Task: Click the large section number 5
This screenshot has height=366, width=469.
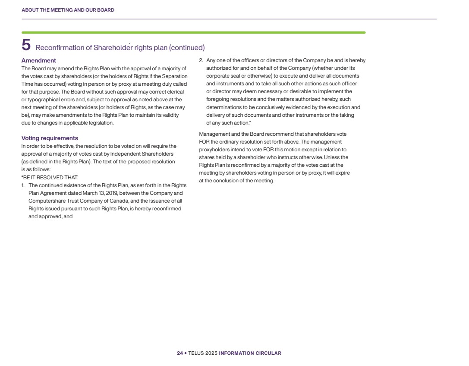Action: [x=26, y=45]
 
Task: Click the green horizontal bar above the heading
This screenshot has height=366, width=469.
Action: [x=193, y=32]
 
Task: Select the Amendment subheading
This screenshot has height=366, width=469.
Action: [x=39, y=60]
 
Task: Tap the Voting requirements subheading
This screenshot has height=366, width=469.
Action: [x=50, y=138]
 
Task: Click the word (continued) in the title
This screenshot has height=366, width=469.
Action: [x=187, y=47]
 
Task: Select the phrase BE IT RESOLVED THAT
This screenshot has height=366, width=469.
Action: [x=51, y=177]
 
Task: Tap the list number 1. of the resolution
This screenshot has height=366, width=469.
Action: [x=24, y=185]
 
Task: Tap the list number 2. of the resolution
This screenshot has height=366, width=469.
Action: [x=201, y=60]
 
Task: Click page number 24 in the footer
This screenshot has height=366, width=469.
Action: [x=180, y=353]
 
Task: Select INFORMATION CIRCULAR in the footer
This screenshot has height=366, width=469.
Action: [x=250, y=353]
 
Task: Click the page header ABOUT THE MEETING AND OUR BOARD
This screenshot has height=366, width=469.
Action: [x=68, y=10]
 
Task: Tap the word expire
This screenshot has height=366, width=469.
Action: [x=343, y=173]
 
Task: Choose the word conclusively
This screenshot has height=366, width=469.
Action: [x=278, y=107]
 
